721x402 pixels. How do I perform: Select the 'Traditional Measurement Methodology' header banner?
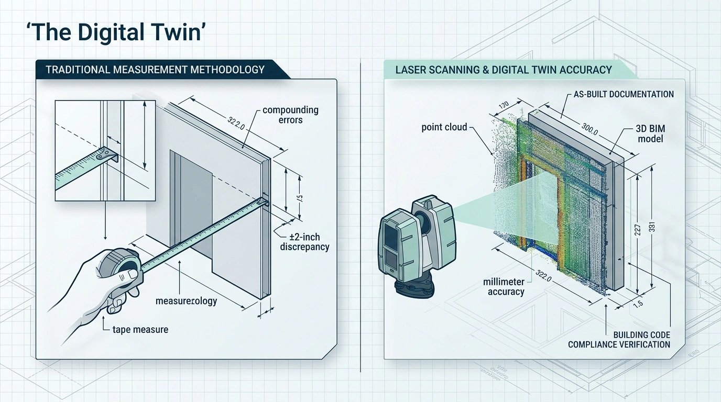pyautogui.click(x=155, y=70)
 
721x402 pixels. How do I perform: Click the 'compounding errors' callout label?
pyautogui.click(x=290, y=115)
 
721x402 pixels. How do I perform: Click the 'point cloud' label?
pyautogui.click(x=444, y=127)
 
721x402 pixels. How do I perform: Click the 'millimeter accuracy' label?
pyautogui.click(x=506, y=287)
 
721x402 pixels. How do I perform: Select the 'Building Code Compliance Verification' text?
pyautogui.click(x=619, y=339)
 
